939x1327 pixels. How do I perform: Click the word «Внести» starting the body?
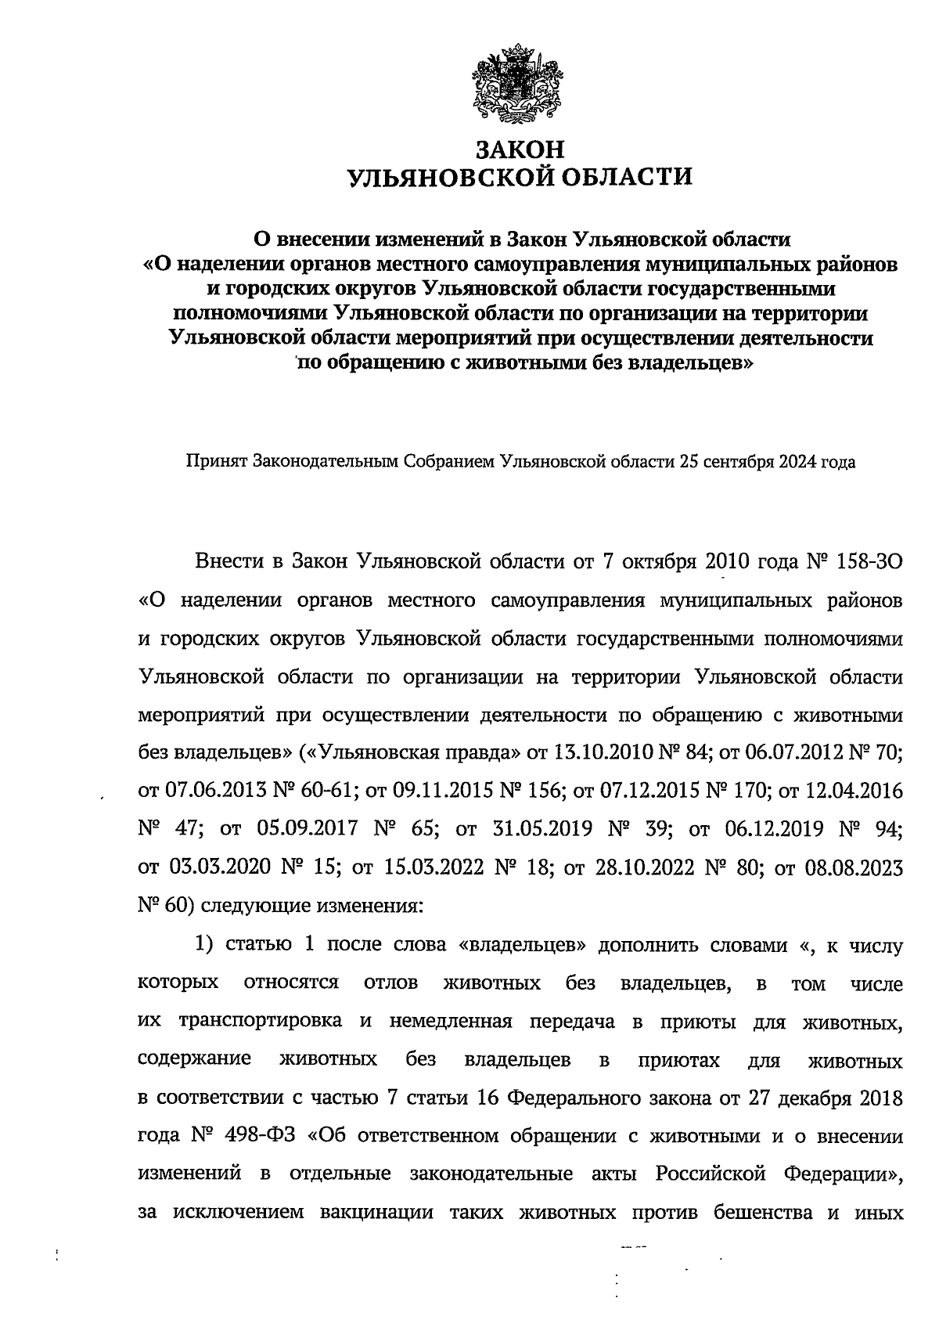[x=226, y=562]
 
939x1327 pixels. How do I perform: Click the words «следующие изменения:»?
[x=311, y=906]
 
